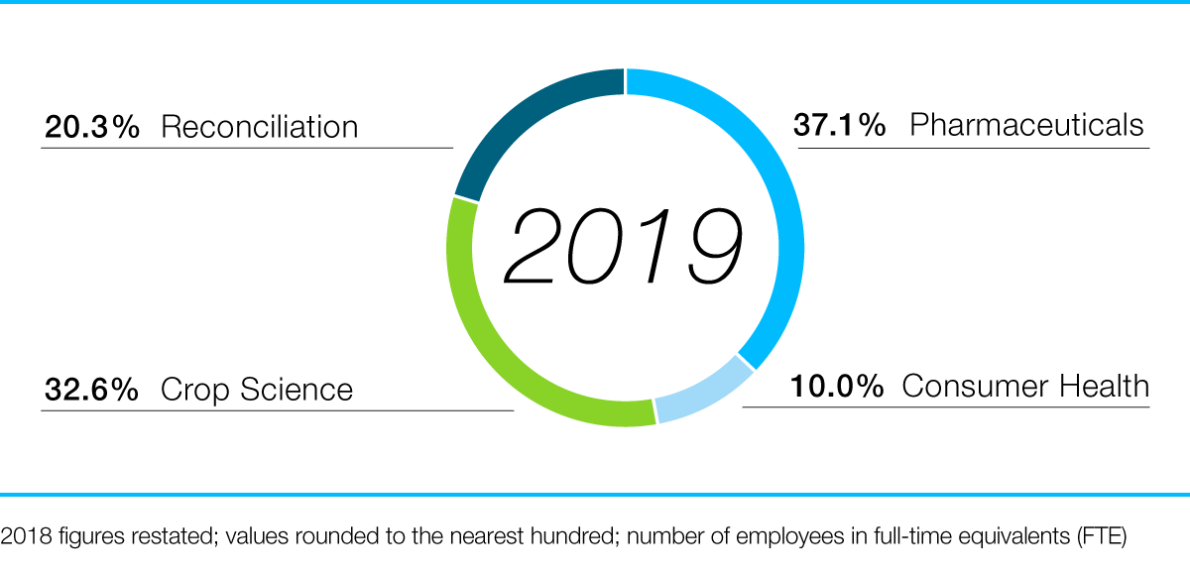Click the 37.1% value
click(839, 126)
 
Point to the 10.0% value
click(836, 387)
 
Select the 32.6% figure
click(91, 390)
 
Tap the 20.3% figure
click(91, 128)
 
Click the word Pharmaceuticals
click(1026, 126)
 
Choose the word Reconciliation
click(259, 128)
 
